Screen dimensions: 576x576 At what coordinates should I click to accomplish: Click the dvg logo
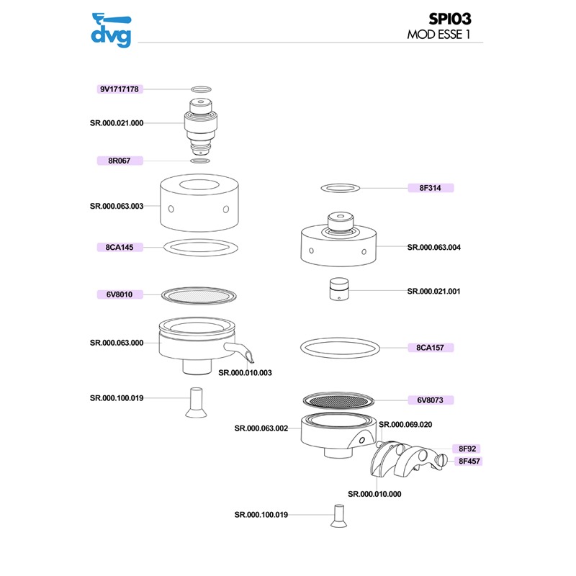[111, 30]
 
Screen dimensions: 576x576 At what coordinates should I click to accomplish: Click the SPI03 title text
[449, 19]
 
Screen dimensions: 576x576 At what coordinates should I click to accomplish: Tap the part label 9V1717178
[120, 89]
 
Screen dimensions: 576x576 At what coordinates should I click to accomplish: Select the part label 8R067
[120, 161]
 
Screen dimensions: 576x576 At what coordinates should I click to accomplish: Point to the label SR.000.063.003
[117, 206]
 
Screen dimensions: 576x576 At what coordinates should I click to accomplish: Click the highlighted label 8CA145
[120, 247]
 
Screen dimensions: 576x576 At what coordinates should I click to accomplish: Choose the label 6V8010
[120, 294]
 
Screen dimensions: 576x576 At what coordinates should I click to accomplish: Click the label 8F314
[430, 188]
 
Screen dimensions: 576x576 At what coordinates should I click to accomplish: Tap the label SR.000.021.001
[433, 292]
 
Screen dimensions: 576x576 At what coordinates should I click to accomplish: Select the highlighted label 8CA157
[430, 348]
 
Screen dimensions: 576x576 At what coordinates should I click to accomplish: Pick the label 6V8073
[430, 400]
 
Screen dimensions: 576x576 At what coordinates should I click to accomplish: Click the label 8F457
[469, 461]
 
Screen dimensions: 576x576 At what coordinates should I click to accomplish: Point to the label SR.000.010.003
[245, 373]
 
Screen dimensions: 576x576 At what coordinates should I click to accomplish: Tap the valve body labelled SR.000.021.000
[201, 127]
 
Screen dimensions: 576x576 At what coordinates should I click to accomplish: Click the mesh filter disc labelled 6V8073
[338, 400]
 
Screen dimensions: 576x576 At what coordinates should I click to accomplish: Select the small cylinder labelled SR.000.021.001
[339, 289]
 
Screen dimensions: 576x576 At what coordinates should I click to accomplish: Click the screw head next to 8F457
[442, 459]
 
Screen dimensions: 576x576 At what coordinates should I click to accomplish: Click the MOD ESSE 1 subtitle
[438, 35]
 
